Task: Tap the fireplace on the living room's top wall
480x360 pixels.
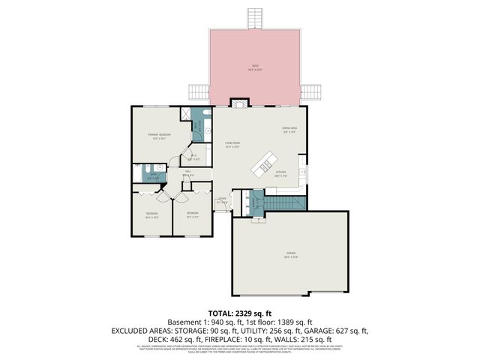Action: (238, 103)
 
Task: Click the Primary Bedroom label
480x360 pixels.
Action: (160, 136)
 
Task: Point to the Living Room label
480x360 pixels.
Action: (232, 145)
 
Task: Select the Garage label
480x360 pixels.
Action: (289, 253)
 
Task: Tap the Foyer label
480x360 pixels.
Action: (222, 200)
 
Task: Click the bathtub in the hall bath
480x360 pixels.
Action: (137, 175)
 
